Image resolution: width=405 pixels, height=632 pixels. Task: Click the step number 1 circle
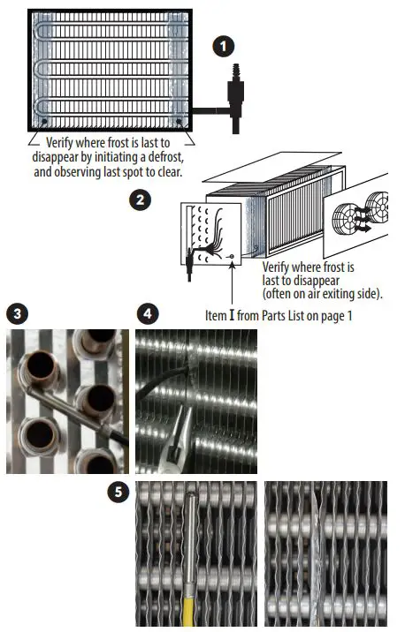tap(224, 47)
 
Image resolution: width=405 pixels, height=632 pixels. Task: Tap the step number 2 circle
tap(140, 199)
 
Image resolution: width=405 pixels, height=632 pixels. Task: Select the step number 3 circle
tap(18, 313)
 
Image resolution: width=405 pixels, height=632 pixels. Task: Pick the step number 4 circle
tap(148, 313)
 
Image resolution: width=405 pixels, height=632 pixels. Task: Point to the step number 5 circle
tap(118, 492)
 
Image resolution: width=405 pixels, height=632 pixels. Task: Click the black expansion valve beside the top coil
tap(235, 99)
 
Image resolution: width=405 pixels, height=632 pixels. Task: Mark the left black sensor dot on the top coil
tap(44, 121)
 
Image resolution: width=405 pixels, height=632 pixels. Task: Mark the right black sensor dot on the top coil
tap(179, 121)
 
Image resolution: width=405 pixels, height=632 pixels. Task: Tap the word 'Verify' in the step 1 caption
tap(59, 143)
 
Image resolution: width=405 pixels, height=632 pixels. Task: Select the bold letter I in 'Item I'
tap(232, 315)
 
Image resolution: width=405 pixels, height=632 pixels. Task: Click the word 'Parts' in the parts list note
tap(274, 315)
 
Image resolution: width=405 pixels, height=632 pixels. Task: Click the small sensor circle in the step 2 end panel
tap(232, 256)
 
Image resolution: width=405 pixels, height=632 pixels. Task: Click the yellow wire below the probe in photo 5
tap(188, 606)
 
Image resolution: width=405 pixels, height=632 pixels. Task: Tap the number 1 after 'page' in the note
tap(349, 316)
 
